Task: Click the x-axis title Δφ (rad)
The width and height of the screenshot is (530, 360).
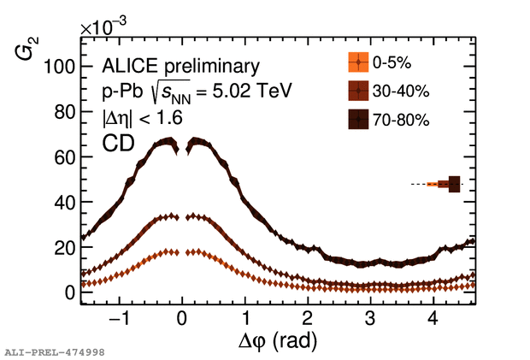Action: coord(278,343)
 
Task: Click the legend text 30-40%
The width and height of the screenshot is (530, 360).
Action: coord(401,91)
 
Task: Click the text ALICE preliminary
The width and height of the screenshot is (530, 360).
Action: coord(168,66)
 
